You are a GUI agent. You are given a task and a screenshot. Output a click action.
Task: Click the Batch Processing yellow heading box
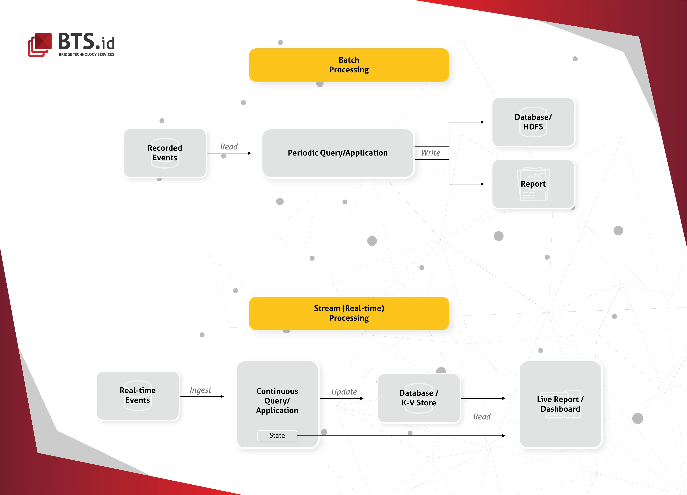click(x=349, y=65)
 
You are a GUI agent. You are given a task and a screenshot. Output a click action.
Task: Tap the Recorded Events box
click(x=165, y=153)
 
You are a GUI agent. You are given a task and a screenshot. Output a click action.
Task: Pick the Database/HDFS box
click(x=533, y=122)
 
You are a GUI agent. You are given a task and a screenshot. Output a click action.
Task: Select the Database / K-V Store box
click(x=419, y=398)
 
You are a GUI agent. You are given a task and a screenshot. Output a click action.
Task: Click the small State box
click(x=277, y=435)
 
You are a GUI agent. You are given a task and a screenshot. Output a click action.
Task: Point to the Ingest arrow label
click(x=200, y=390)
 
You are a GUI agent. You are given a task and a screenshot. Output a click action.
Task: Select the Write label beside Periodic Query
click(x=430, y=153)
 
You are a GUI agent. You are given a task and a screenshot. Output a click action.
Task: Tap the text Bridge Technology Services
click(x=86, y=55)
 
